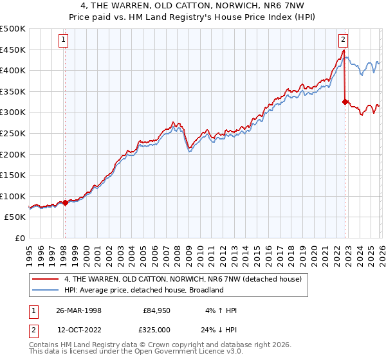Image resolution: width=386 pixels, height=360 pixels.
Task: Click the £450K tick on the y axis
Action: [x=13, y=50]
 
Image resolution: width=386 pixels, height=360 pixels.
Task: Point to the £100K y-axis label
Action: [x=13, y=196]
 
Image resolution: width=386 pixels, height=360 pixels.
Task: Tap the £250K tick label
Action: [x=13, y=133]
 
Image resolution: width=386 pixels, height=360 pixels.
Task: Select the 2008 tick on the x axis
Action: [x=176, y=250]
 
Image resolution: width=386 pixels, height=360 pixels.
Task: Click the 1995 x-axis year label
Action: [x=29, y=250]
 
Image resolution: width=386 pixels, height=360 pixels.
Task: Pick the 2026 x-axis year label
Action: [x=380, y=250]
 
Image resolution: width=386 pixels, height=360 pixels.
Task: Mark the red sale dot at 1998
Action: [x=65, y=203]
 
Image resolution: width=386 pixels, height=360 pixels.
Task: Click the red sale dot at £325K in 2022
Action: [x=345, y=102]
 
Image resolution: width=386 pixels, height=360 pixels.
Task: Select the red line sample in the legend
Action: [x=46, y=279]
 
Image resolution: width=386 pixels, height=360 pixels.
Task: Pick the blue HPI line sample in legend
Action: [x=46, y=290]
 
